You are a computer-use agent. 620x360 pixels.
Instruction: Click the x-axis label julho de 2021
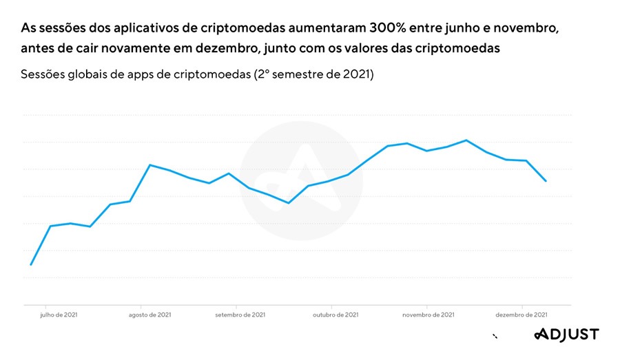click(x=59, y=315)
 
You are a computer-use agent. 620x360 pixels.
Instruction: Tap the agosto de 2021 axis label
click(x=150, y=315)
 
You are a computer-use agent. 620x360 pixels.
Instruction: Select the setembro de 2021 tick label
click(x=240, y=315)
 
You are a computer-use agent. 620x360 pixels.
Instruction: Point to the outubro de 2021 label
click(x=335, y=315)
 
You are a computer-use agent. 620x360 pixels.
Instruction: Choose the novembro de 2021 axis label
click(x=428, y=315)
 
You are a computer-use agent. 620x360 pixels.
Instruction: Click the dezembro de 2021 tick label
click(x=521, y=315)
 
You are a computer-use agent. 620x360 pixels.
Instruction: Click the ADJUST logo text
click(x=567, y=335)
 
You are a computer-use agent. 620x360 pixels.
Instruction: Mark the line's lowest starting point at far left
click(x=31, y=264)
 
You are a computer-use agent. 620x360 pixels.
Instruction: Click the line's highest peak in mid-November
click(x=466, y=140)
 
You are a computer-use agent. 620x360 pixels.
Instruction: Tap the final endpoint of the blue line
click(x=546, y=181)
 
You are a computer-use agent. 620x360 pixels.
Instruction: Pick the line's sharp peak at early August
click(x=150, y=165)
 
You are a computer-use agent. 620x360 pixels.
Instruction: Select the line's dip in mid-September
click(x=288, y=203)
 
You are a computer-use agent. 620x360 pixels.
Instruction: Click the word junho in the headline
click(x=447, y=29)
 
